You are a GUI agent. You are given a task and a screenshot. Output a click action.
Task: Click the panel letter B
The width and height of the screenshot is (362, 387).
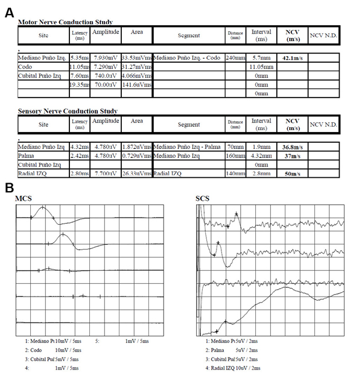coord(10,187)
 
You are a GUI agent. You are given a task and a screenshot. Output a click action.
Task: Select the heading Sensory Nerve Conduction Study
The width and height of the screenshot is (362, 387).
coord(68,112)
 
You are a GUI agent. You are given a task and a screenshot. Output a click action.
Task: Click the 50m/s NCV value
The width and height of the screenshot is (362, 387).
coord(292,174)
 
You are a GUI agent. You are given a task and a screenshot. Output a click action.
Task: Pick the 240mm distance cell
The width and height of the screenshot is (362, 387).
coord(234,58)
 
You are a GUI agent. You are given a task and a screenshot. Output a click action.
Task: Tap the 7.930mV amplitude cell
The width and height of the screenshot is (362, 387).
coord(106,58)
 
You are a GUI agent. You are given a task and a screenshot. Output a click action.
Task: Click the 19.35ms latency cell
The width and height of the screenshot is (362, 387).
coord(80,85)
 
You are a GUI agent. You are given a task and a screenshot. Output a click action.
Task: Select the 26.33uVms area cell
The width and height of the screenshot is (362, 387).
coord(137,174)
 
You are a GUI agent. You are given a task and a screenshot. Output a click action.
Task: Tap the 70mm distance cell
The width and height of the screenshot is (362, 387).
coord(234,146)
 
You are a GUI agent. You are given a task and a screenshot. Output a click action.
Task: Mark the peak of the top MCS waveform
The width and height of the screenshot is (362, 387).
coord(42,208)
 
